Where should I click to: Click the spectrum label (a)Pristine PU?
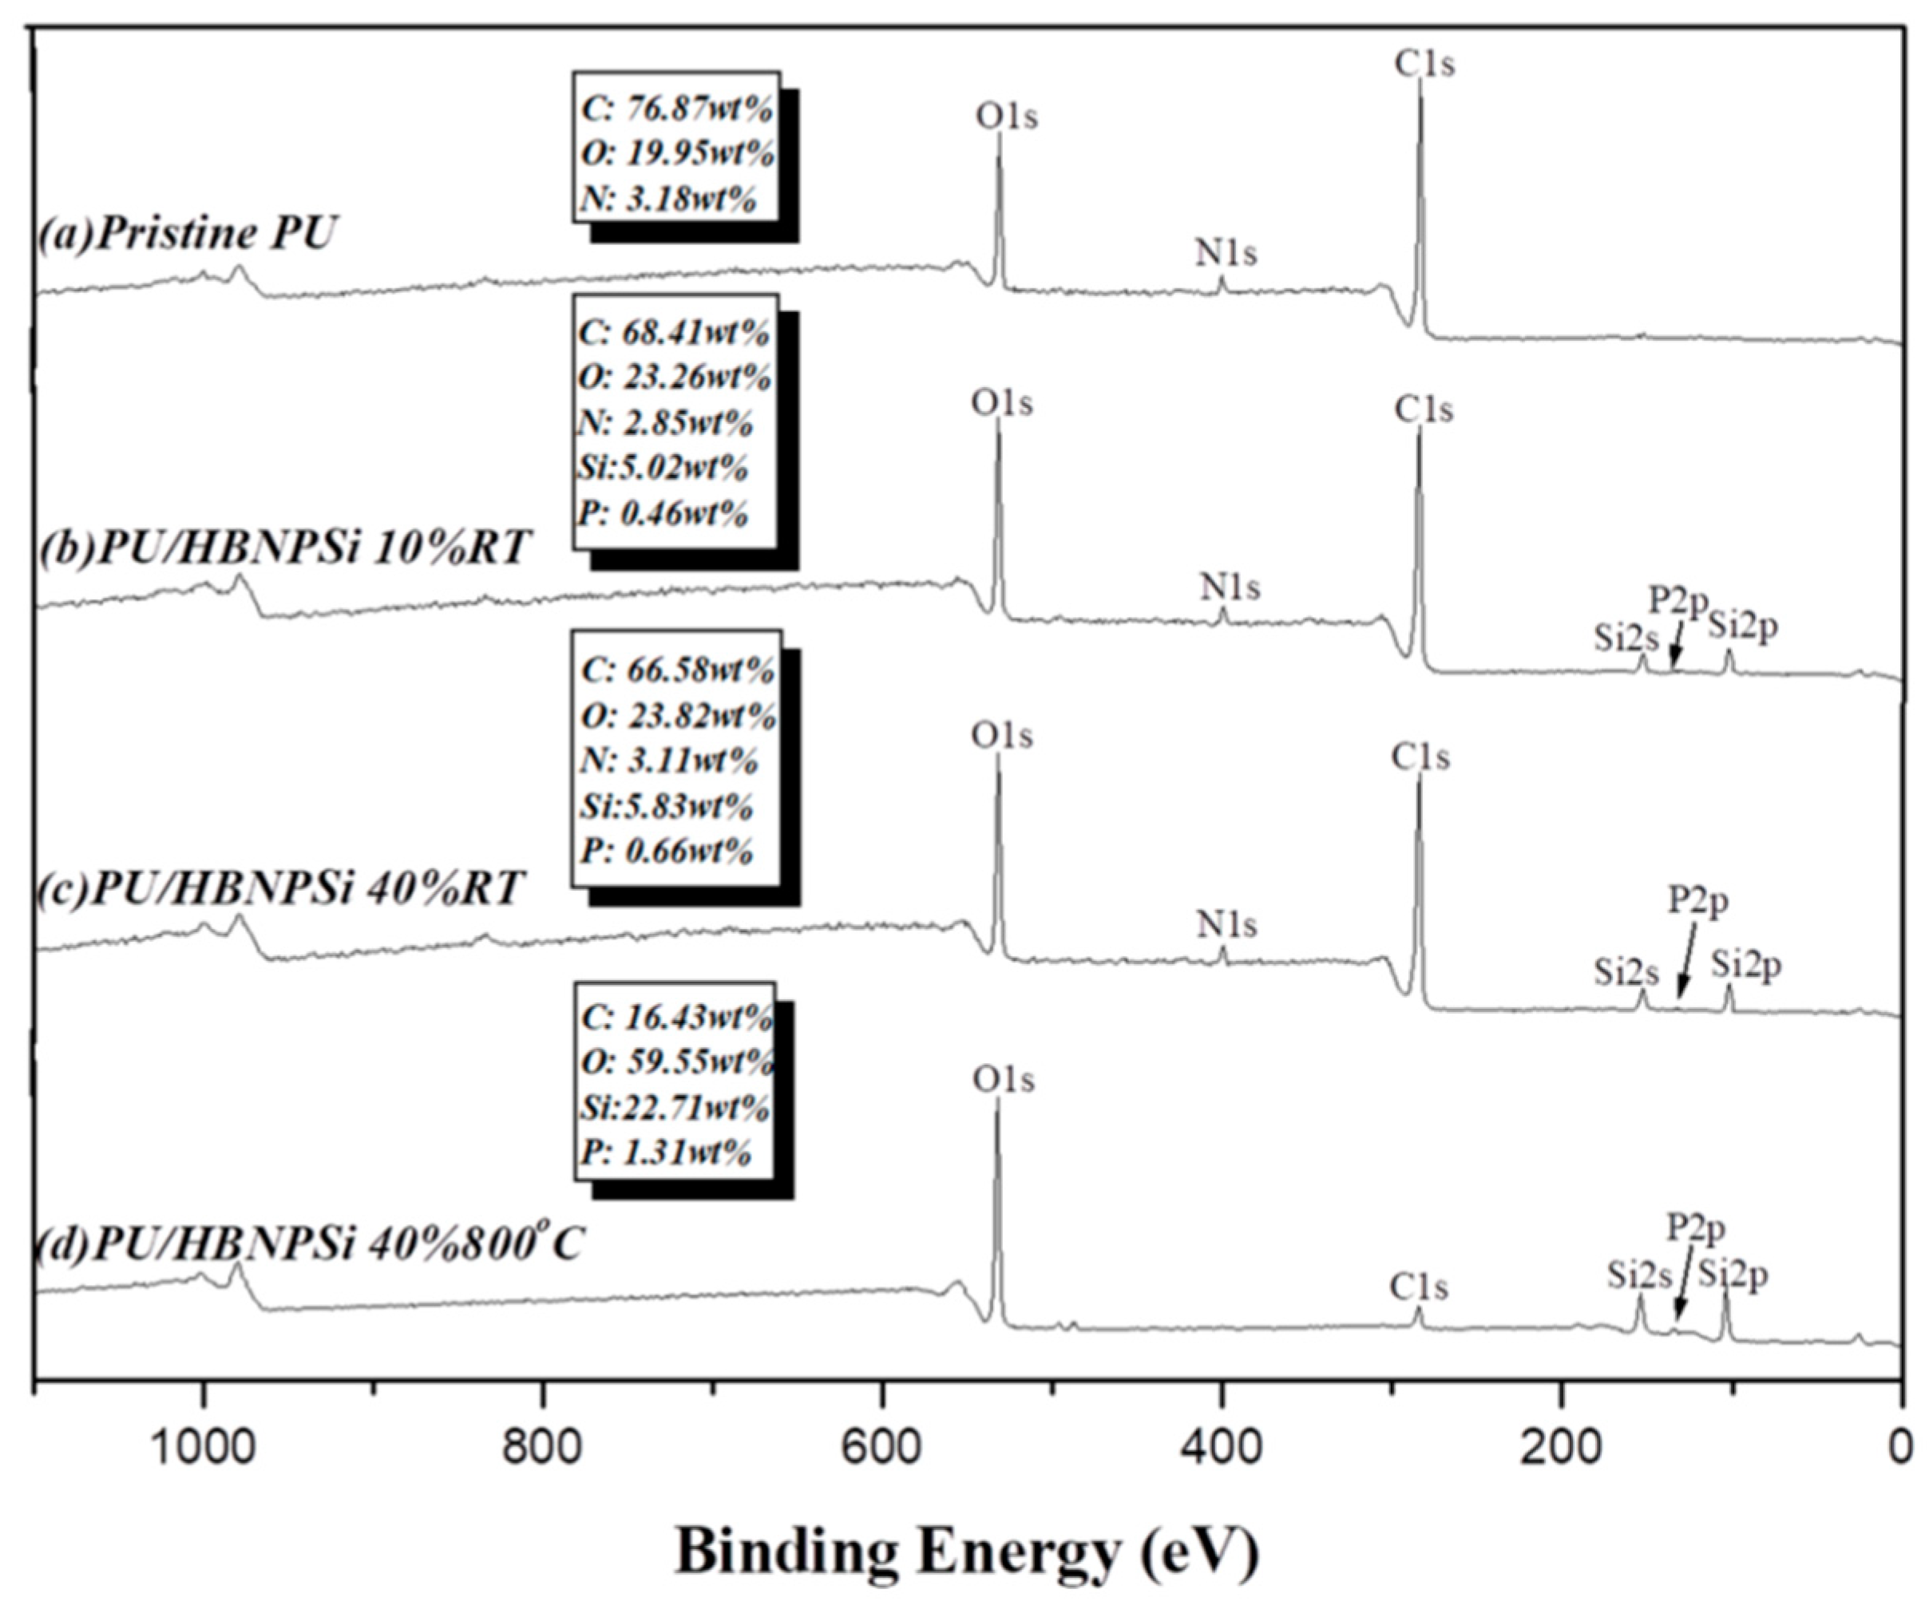click(x=188, y=233)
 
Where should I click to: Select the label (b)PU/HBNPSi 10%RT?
click(x=285, y=548)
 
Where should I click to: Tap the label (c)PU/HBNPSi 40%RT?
click(x=281, y=888)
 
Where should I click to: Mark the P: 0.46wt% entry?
click(x=663, y=513)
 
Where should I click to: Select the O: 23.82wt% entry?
click(x=678, y=715)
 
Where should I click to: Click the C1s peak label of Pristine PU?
click(x=1424, y=65)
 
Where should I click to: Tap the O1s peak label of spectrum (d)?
click(x=1003, y=1080)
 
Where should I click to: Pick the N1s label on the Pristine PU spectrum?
click(x=1226, y=254)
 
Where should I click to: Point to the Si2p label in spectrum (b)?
click(x=1742, y=627)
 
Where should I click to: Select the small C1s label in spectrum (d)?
click(x=1418, y=1287)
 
